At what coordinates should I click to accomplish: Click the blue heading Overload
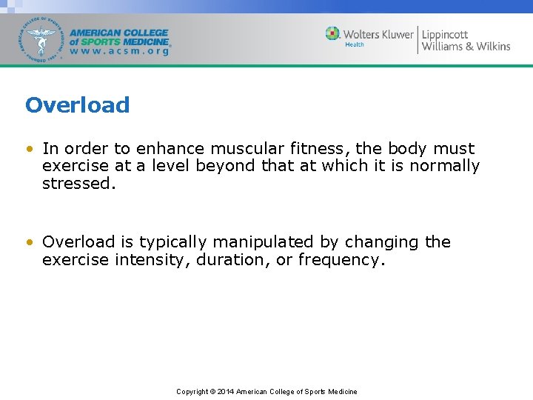[77, 105]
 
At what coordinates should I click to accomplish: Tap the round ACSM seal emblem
[42, 39]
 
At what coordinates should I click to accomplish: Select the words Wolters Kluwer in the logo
[378, 34]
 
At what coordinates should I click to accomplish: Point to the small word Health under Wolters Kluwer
[355, 45]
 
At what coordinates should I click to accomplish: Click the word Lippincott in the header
[445, 34]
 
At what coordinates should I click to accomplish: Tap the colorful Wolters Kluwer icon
[332, 34]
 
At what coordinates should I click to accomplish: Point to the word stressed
[78, 184]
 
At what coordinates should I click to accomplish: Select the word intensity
[154, 260]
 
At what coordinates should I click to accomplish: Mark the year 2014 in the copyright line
[225, 391]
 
